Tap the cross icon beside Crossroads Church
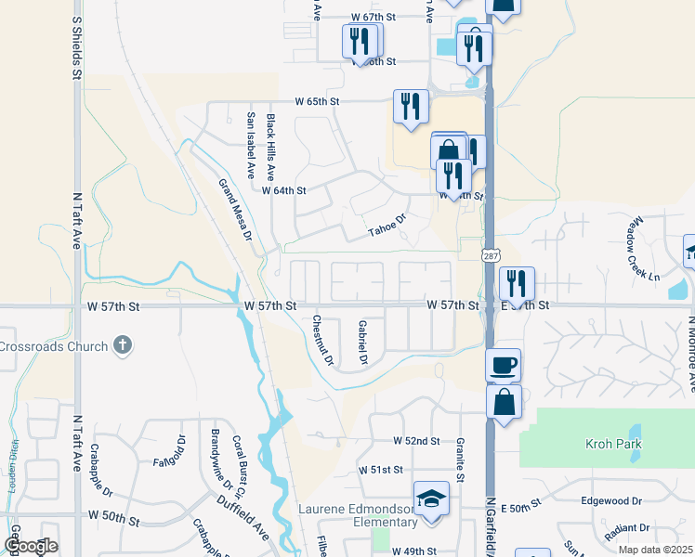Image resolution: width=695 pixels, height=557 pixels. click(x=121, y=346)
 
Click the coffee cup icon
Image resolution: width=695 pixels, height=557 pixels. click(x=503, y=364)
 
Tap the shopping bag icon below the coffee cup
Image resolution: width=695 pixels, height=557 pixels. click(x=503, y=403)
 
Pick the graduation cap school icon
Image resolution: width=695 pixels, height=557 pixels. click(x=431, y=499)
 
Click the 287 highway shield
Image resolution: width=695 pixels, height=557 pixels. click(x=489, y=254)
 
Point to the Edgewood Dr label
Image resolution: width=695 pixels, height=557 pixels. click(x=610, y=500)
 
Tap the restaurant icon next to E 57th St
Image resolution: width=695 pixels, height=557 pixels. click(x=517, y=284)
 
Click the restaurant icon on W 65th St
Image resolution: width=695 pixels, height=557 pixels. click(x=410, y=106)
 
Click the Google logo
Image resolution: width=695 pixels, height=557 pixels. click(x=31, y=547)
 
